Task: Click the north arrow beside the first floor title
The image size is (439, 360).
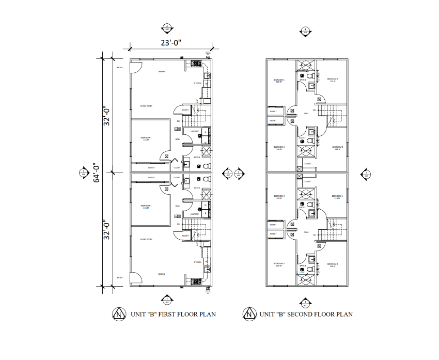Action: tap(120, 314)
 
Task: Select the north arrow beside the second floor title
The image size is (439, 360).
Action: tap(250, 314)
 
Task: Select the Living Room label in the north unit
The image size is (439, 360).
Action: tap(146, 106)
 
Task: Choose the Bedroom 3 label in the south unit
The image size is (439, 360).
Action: tap(337, 197)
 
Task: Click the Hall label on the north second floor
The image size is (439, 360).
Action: tap(306, 113)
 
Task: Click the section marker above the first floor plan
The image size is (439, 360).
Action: tap(166, 28)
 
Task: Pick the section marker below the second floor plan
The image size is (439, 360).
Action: tap(306, 303)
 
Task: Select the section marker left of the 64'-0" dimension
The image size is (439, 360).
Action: tap(84, 173)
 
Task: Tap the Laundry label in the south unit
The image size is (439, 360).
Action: tap(195, 213)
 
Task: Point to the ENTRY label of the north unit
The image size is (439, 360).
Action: tap(120, 68)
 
